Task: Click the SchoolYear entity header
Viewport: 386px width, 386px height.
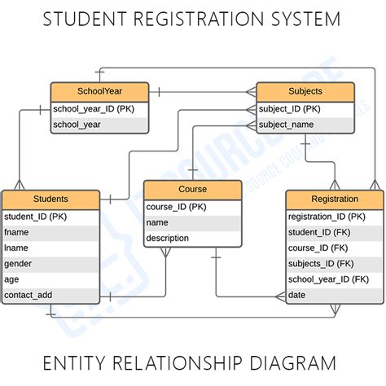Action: [x=99, y=91]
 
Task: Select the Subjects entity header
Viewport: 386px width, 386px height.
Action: [x=305, y=91]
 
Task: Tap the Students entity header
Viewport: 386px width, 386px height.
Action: [x=50, y=199]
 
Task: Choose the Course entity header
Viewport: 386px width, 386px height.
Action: [x=193, y=189]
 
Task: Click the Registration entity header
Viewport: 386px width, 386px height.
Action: [x=334, y=199]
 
